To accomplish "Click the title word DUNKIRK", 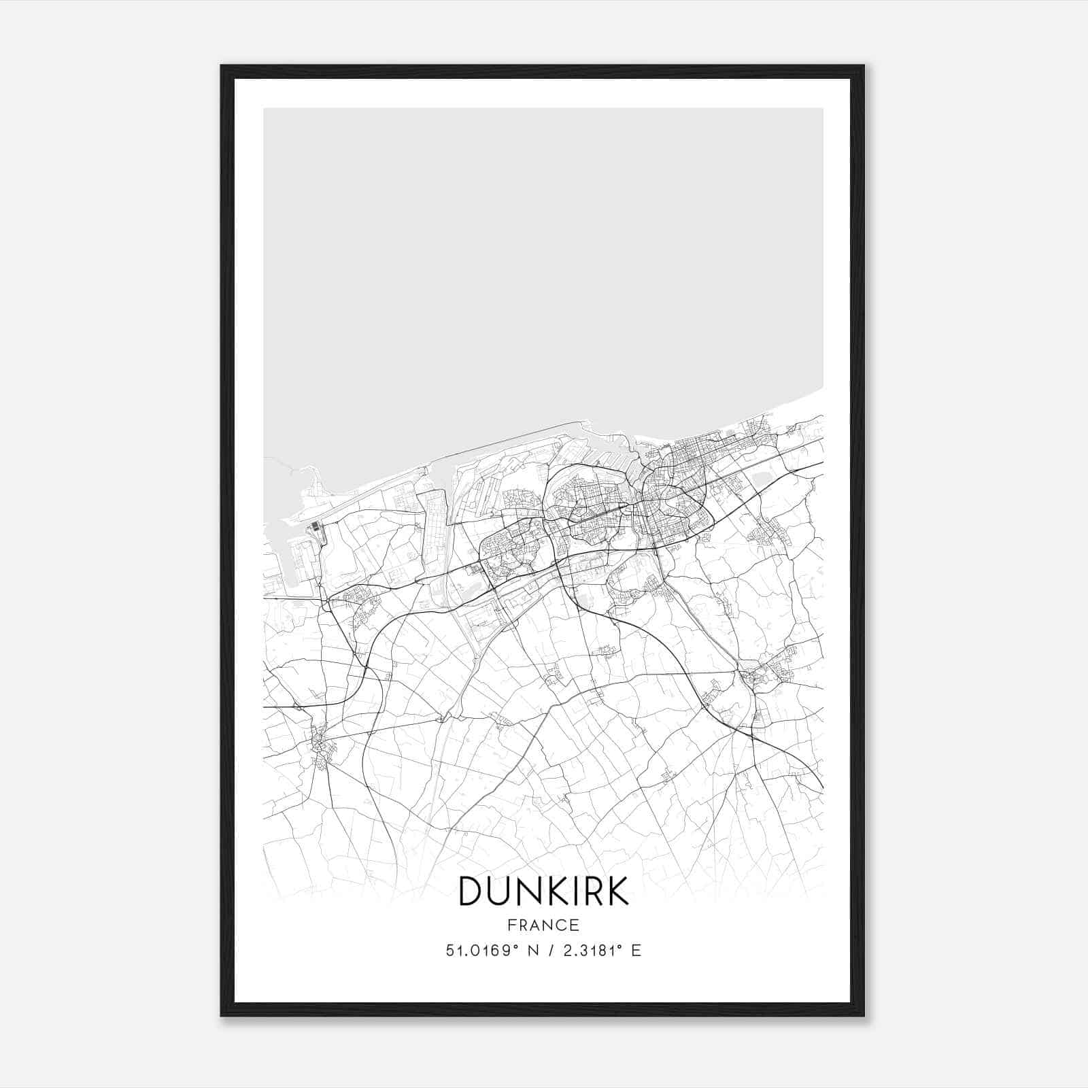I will point(543,891).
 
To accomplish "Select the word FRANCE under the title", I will point(543,925).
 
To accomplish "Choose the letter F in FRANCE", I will point(511,925).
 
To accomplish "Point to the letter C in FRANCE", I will point(562,925).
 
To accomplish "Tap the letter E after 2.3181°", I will point(636,951).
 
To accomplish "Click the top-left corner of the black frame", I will point(222,66).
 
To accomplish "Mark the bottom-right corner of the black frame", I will point(864,1015).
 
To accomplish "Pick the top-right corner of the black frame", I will point(864,66).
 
